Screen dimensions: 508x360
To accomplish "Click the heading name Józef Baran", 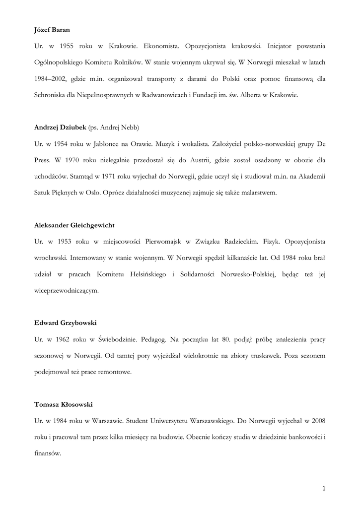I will point(52,30).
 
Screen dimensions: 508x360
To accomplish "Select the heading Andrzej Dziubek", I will point(60,127).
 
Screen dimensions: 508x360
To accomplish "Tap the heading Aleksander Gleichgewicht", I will point(74,225).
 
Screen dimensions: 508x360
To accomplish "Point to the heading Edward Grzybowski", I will point(66,322).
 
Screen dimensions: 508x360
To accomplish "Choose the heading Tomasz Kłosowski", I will point(64,404).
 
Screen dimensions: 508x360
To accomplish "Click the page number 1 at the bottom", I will point(324,489).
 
